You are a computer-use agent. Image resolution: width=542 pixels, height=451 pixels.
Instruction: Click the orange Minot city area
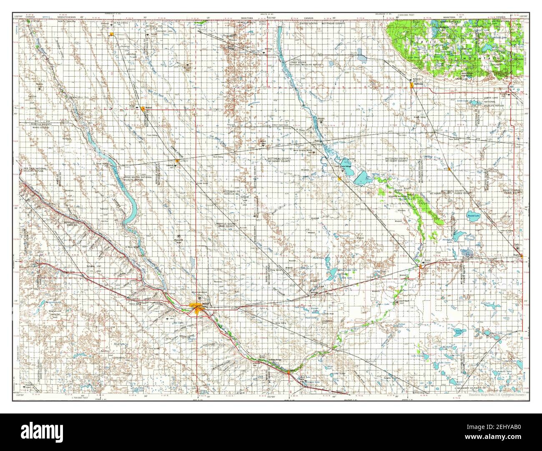(196, 307)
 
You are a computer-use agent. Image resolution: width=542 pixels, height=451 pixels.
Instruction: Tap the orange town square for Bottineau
(412, 85)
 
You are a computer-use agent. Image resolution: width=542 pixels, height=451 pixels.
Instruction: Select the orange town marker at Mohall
(143, 108)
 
